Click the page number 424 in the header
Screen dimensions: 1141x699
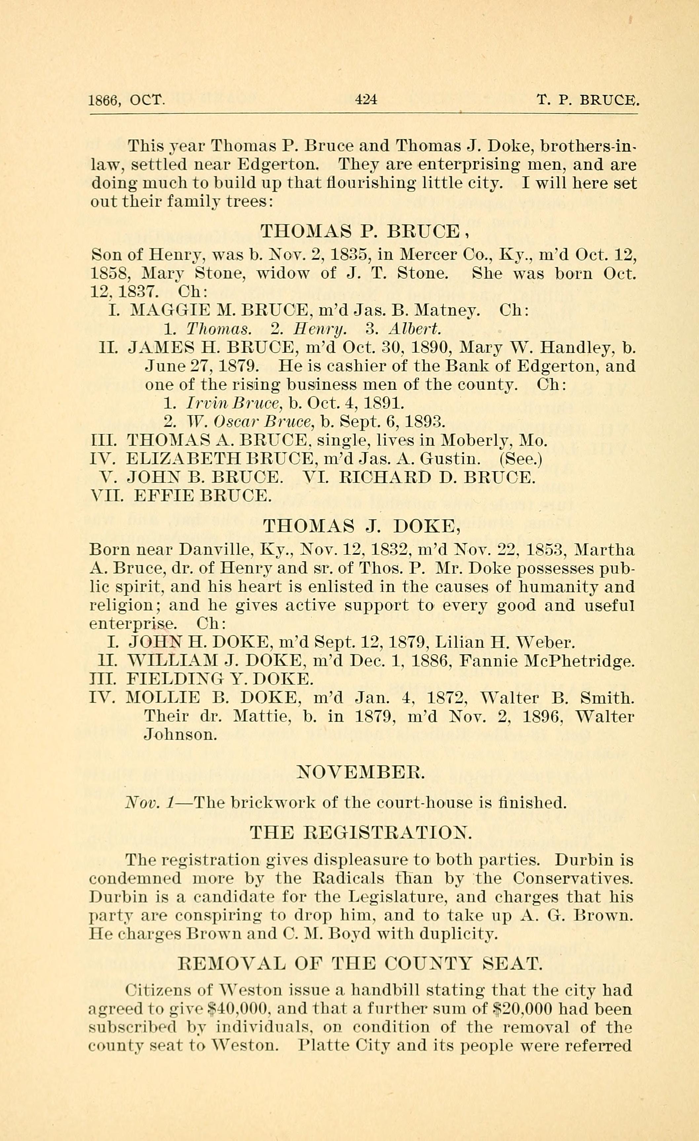366,99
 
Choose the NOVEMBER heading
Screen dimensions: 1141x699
361,771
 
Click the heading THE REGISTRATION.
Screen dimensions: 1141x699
361,833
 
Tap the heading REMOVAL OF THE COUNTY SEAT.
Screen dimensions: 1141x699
360,964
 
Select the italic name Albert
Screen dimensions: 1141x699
415,329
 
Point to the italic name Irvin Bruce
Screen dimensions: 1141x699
234,403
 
